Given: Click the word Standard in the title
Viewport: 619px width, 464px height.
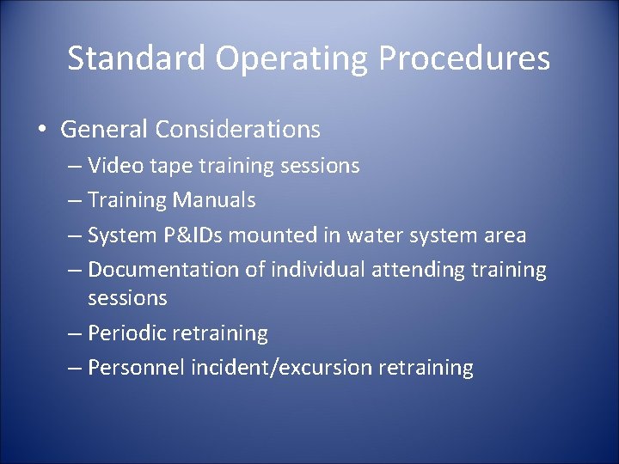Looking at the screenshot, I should tap(137, 58).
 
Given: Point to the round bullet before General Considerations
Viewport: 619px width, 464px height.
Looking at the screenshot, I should tap(41, 131).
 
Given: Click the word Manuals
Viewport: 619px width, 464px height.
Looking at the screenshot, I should tap(214, 200).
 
